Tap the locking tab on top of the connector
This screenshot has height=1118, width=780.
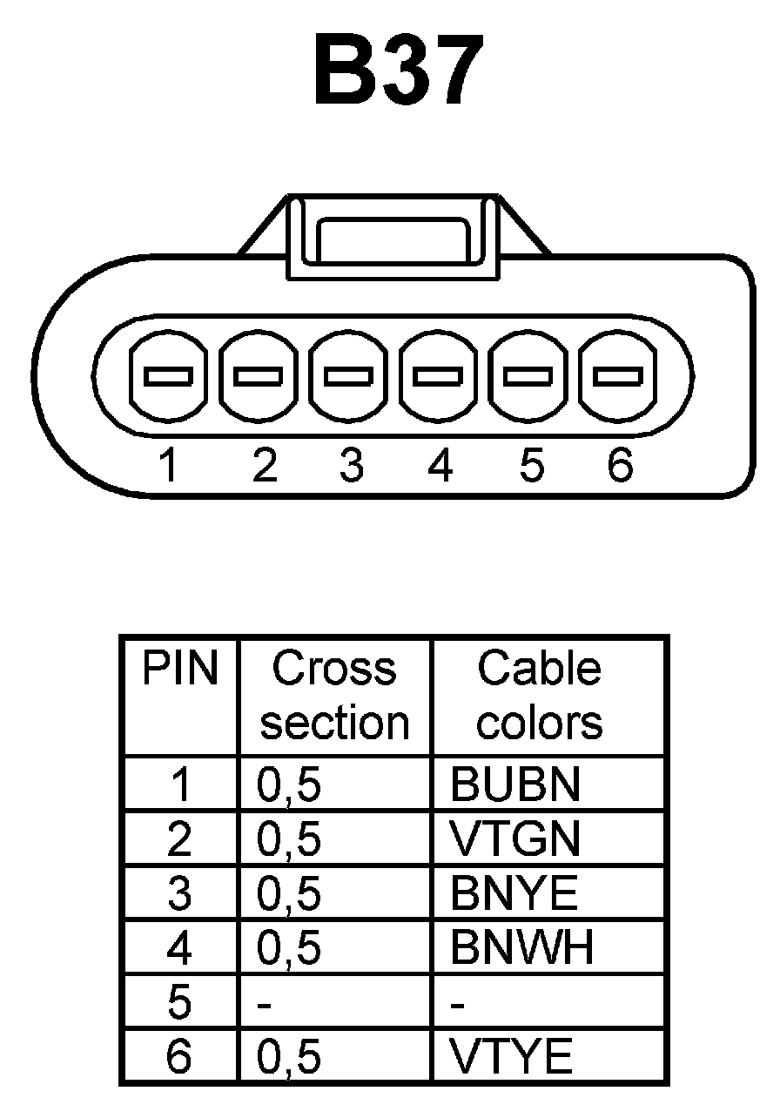(x=394, y=236)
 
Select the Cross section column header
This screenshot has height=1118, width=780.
(x=334, y=696)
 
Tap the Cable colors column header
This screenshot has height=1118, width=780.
(x=540, y=696)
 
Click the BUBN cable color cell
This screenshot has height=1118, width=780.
(x=514, y=785)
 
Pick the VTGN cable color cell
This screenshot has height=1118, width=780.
(x=514, y=839)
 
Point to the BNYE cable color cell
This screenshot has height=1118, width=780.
(x=514, y=893)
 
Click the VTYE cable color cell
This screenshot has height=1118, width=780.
(x=512, y=1057)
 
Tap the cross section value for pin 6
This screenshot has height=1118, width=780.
(x=290, y=1057)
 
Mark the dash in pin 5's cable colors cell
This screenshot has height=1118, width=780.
(x=459, y=1005)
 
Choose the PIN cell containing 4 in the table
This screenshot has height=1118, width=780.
(x=179, y=948)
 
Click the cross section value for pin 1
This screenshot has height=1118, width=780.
(x=290, y=785)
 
